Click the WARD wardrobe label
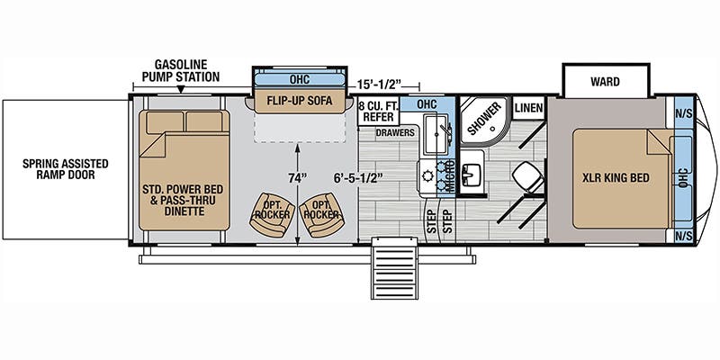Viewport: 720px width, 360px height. click(x=605, y=82)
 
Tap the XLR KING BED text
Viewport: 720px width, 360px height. click(x=616, y=177)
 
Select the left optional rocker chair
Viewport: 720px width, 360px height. click(x=272, y=214)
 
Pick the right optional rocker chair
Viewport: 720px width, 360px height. click(x=321, y=214)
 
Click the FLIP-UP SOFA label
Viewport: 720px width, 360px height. click(x=300, y=101)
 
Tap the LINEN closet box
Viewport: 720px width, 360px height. click(x=528, y=108)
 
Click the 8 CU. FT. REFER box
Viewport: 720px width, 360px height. click(x=378, y=111)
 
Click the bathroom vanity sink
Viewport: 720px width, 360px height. click(x=471, y=173)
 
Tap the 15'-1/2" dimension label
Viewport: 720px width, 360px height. click(x=379, y=85)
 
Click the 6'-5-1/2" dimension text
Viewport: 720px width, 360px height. click(x=359, y=177)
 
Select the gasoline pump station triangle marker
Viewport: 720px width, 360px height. click(x=181, y=89)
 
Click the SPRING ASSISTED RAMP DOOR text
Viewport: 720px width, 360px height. click(x=65, y=169)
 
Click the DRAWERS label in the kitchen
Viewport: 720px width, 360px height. click(x=395, y=132)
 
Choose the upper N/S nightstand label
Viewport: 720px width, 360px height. click(x=684, y=112)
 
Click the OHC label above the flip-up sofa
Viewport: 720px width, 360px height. click(x=300, y=79)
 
